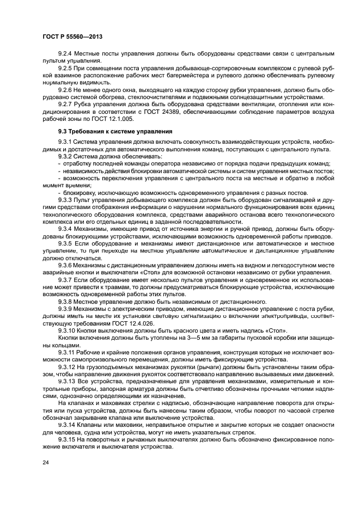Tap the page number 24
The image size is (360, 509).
[x=45, y=462]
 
